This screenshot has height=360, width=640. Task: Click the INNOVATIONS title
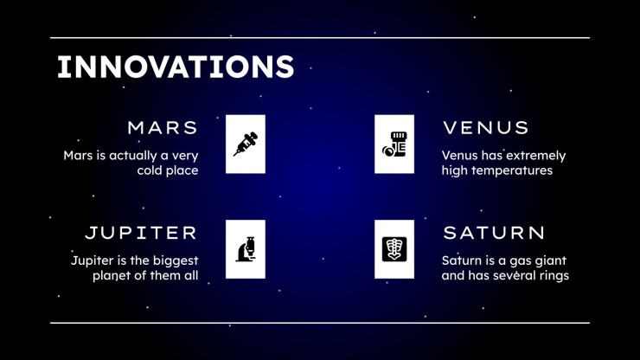176,67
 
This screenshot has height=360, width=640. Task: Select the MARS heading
163,128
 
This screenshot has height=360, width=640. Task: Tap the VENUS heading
486,128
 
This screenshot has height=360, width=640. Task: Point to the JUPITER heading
141,233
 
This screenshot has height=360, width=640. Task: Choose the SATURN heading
494,233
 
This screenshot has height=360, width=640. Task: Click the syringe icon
246,144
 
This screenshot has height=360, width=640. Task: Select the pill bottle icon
394,144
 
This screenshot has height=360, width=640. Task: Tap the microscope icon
246,249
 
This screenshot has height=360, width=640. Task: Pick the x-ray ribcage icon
394,249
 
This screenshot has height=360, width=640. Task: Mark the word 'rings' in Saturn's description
554,276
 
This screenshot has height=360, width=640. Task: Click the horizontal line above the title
320,37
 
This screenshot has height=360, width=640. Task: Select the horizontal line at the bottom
320,323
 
